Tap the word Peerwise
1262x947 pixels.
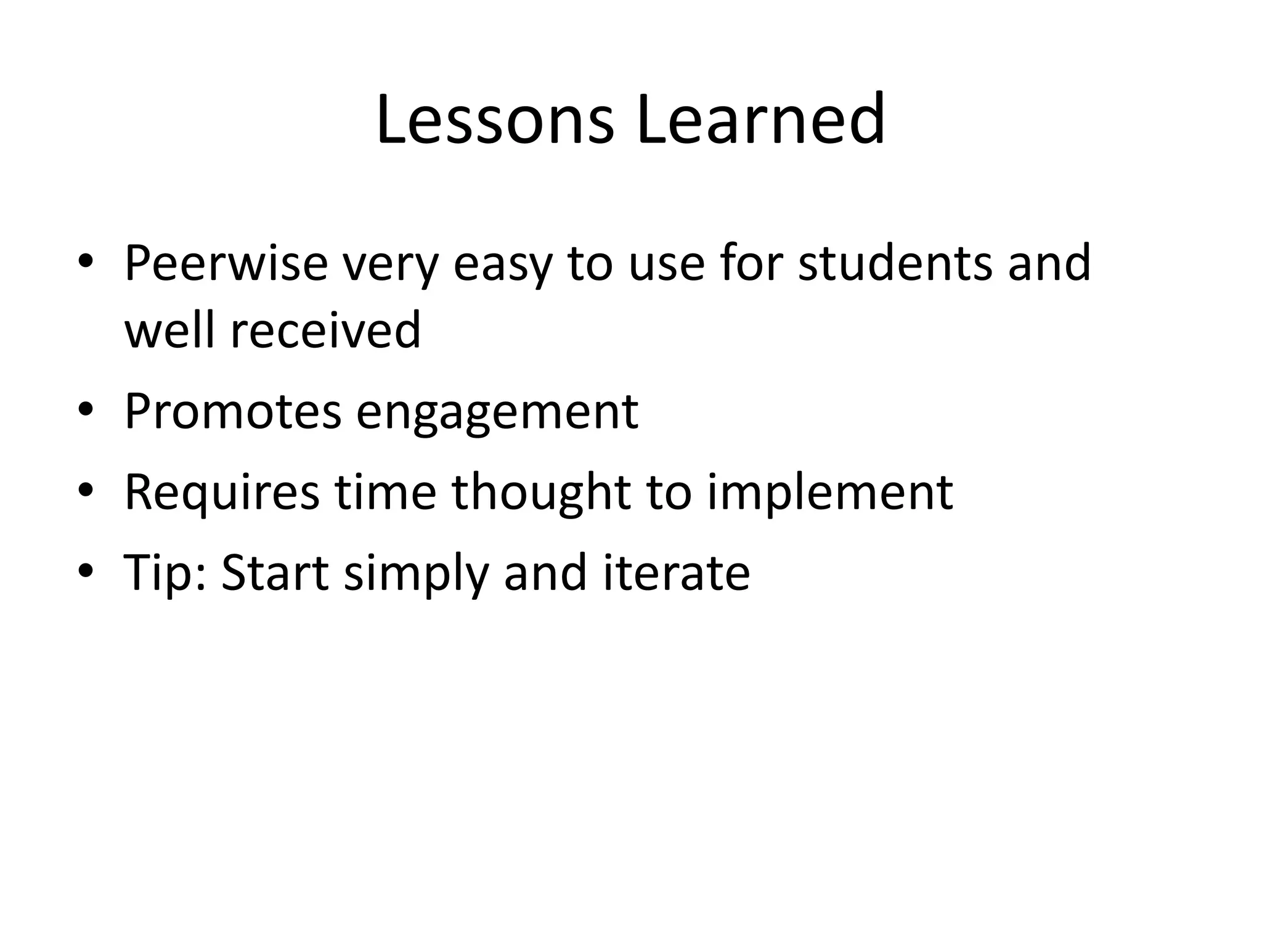226,263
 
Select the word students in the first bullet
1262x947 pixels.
895,263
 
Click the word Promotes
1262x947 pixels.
232,411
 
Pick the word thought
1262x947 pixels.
541,494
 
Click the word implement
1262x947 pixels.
829,494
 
